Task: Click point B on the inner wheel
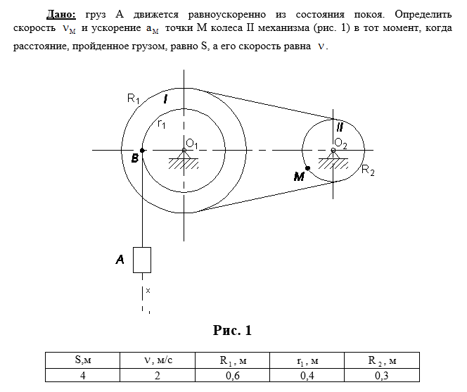click(143, 150)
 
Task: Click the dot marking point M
click(308, 169)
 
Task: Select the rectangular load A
click(143, 260)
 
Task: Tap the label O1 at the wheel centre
click(191, 144)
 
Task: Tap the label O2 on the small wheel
click(340, 143)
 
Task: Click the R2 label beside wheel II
click(369, 170)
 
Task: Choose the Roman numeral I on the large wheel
click(165, 99)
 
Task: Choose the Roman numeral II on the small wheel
click(339, 127)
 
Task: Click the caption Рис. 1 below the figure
click(231, 330)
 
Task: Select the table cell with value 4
click(83, 375)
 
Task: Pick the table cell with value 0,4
click(307, 375)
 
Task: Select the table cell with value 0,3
click(383, 375)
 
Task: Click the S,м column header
click(83, 360)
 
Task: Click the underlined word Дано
click(63, 14)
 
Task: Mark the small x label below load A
click(148, 289)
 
